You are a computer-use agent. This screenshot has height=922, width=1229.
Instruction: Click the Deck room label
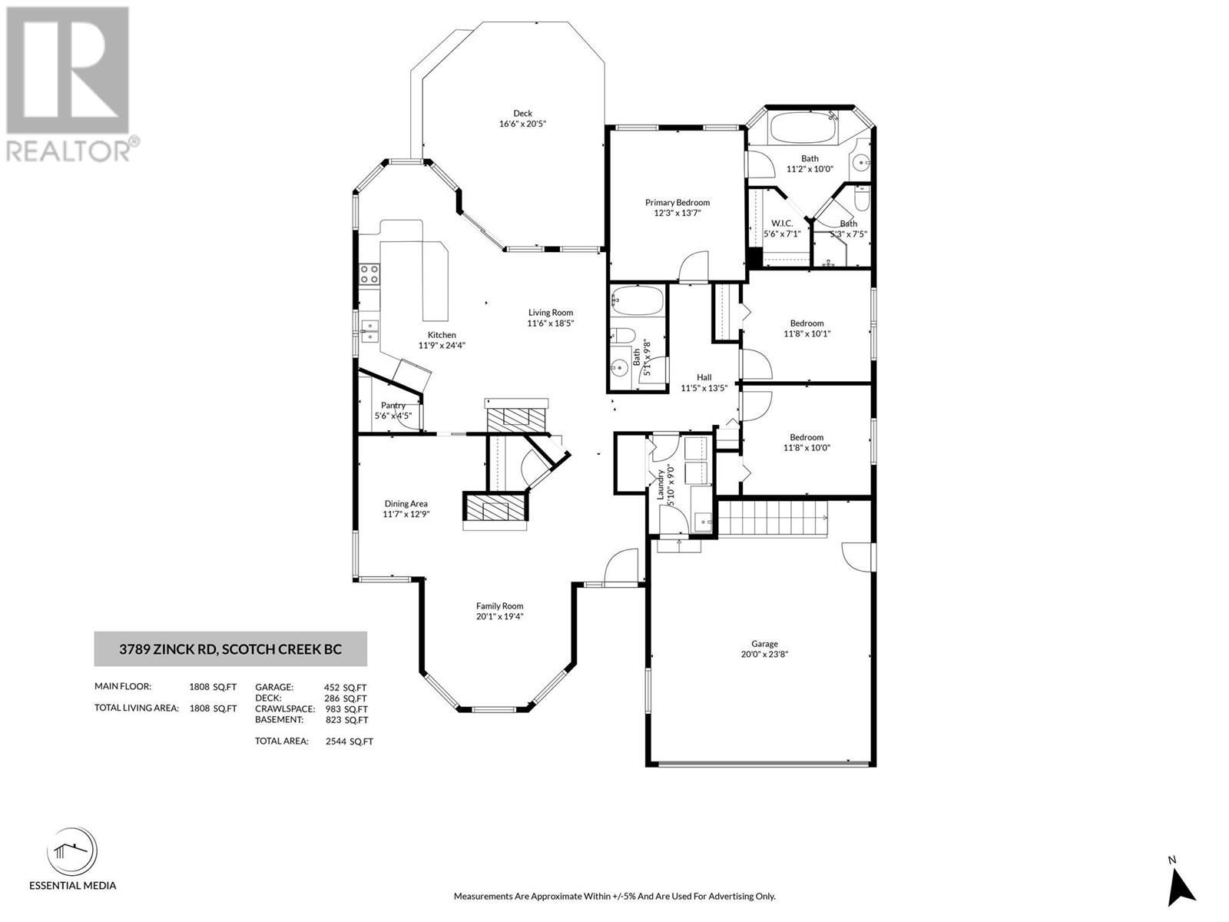(x=522, y=114)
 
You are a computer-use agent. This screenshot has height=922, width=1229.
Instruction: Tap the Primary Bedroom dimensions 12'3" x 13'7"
(x=677, y=213)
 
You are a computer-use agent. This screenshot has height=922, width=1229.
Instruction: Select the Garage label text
(x=764, y=644)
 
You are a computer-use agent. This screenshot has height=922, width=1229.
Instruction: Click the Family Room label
(x=499, y=605)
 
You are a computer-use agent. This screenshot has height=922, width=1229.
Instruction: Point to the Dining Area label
(x=406, y=504)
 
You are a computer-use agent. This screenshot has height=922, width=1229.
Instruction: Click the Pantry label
(x=393, y=405)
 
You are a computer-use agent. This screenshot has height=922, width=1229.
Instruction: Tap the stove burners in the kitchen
(x=369, y=274)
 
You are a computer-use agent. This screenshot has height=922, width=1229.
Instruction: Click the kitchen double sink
(x=369, y=330)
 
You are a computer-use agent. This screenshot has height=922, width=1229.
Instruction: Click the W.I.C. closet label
(x=781, y=223)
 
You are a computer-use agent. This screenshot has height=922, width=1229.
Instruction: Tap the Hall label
(x=704, y=377)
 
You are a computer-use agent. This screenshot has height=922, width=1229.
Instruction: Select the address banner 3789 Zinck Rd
(x=230, y=649)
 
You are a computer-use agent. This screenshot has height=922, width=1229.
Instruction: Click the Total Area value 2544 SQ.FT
(x=349, y=741)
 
